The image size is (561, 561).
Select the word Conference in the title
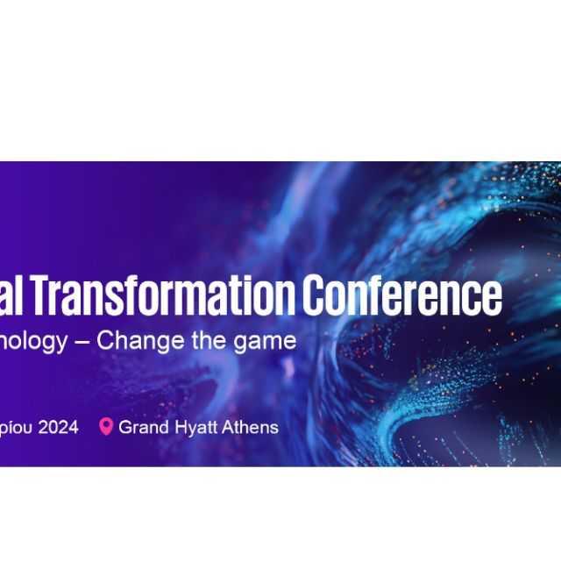click(x=403, y=296)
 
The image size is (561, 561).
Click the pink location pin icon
click(x=106, y=427)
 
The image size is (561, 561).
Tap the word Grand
click(x=141, y=428)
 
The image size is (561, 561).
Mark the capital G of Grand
click(x=125, y=428)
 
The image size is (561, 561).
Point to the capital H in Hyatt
click(x=176, y=428)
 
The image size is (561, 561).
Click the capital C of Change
click(x=104, y=341)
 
